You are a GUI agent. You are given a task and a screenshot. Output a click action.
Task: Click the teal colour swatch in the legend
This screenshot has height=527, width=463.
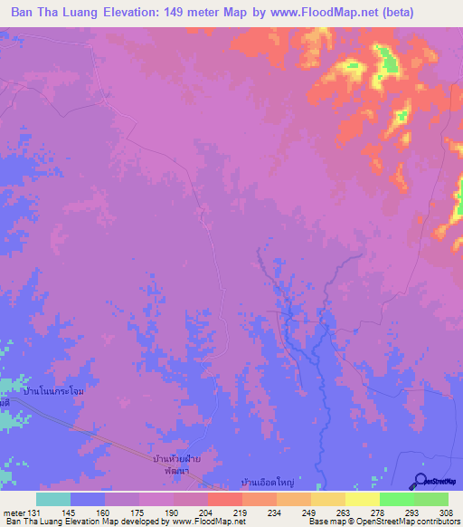[53, 499]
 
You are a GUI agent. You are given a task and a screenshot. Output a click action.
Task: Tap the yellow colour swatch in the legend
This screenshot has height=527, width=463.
[362, 499]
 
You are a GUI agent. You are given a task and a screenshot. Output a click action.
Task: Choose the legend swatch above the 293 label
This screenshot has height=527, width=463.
[396, 499]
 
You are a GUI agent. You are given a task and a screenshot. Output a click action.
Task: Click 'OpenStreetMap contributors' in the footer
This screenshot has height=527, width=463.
[411, 522]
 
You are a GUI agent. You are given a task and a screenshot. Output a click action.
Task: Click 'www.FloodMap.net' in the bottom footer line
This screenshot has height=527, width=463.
[209, 522]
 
